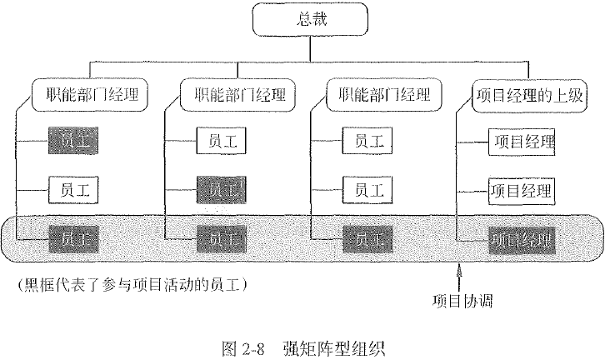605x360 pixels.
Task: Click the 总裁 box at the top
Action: [309, 21]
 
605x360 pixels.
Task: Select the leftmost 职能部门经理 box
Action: [89, 92]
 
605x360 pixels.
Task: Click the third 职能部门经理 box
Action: [382, 92]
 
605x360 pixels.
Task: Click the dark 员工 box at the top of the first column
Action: [73, 142]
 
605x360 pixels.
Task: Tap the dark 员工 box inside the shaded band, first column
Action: [73, 240]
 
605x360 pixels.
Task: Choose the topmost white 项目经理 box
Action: [521, 142]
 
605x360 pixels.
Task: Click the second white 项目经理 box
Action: [521, 191]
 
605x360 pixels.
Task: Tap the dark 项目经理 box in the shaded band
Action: [521, 240]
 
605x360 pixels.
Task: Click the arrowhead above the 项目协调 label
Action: [459, 269]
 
